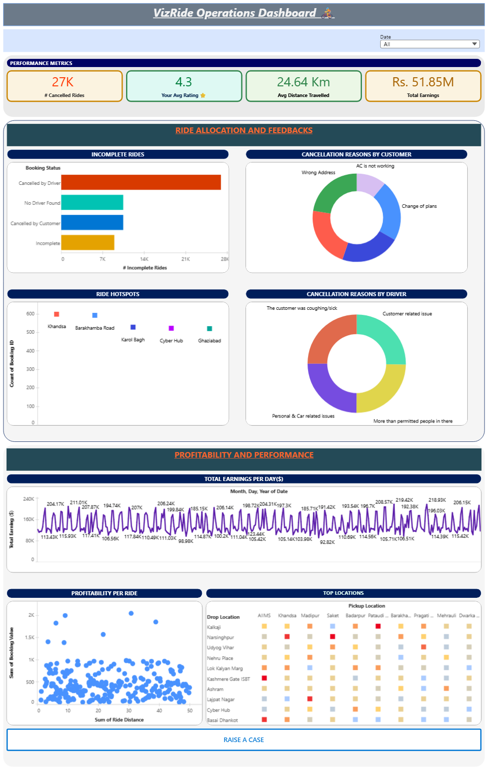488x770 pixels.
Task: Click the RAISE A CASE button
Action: pos(243,740)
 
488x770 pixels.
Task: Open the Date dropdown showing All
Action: pos(430,44)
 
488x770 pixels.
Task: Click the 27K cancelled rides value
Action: pos(63,82)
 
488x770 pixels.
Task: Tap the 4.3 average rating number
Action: pos(184,82)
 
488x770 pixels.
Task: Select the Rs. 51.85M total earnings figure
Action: pos(423,82)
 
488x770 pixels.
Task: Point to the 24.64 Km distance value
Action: pos(303,82)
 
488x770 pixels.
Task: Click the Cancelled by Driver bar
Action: pos(141,182)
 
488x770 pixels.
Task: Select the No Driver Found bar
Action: pos(92,202)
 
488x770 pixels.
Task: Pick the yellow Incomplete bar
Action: pos(87,243)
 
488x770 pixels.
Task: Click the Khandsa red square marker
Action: pos(56,314)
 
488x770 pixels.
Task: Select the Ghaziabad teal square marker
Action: pos(209,329)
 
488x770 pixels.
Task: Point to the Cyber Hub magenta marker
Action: pos(171,328)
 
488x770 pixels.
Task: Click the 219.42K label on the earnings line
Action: pos(404,500)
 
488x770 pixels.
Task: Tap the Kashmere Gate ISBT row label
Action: pos(228,679)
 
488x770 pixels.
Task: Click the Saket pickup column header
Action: pos(332,616)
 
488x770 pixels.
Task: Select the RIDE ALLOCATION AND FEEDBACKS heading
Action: pos(244,131)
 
